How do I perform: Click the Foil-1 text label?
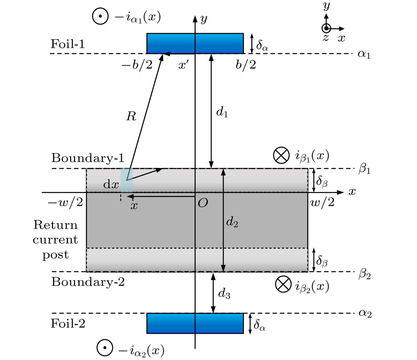tap(68, 44)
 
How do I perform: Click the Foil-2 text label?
tap(68, 324)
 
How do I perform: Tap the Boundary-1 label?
tap(88, 158)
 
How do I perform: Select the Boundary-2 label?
tap(88, 282)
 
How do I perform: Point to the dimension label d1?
tap(222, 112)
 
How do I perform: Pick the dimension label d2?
tap(232, 222)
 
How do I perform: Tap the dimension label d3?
tap(224, 293)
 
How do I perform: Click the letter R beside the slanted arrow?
tap(131, 116)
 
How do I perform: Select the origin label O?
tap(203, 203)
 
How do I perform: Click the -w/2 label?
tap(66, 202)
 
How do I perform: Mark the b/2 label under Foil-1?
tap(246, 65)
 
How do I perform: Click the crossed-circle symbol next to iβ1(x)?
tap(281, 155)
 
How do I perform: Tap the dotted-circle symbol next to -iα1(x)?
tap(100, 16)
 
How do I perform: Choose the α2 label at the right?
tap(365, 313)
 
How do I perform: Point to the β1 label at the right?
tap(364, 169)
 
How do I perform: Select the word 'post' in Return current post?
tap(55, 255)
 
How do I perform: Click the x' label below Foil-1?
tap(183, 65)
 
